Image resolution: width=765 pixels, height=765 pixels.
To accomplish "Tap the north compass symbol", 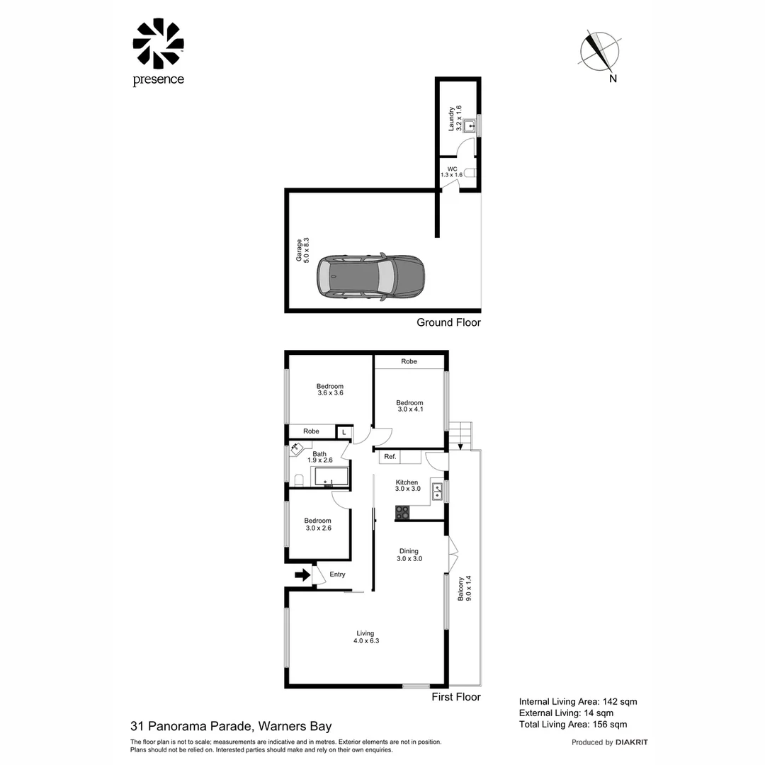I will tap(599, 52).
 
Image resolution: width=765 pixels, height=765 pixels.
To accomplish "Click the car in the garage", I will tap(370, 276).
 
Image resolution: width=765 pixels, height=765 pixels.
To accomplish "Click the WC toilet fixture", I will tap(472, 173).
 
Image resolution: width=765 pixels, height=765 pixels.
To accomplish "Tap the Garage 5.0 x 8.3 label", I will tap(303, 251).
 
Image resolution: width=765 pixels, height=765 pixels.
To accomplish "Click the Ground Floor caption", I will tap(448, 322).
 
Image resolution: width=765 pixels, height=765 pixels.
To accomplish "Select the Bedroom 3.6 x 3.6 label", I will tap(329, 390).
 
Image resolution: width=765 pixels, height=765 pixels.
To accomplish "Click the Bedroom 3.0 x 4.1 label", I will tap(409, 406).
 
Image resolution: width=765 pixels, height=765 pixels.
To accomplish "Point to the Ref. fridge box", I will tap(390, 457).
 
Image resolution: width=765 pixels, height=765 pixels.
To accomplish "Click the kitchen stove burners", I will tap(402, 512).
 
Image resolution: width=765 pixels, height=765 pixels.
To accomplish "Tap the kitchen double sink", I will tap(437, 491).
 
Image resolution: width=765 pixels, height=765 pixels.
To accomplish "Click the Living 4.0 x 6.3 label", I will tap(365, 637).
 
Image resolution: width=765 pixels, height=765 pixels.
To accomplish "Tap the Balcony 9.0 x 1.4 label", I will tap(464, 589).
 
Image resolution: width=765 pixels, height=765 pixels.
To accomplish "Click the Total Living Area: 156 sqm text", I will tap(573, 724).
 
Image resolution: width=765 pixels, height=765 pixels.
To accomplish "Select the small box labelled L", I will tap(344, 431).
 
